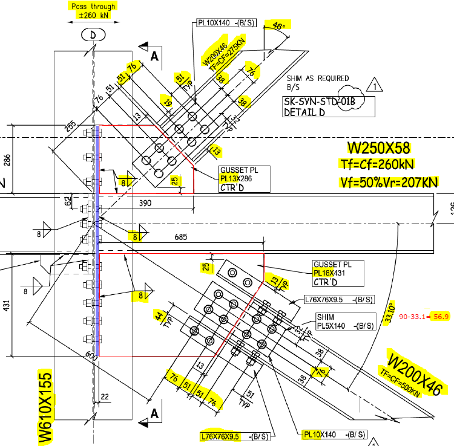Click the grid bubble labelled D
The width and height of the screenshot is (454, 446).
coord(93,36)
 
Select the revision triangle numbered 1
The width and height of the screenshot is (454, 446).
coord(376,85)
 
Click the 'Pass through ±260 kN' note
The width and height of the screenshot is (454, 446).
coord(92,10)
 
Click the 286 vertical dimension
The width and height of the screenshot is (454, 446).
coord(7,160)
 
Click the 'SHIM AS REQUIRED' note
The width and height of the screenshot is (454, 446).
coord(318,78)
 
